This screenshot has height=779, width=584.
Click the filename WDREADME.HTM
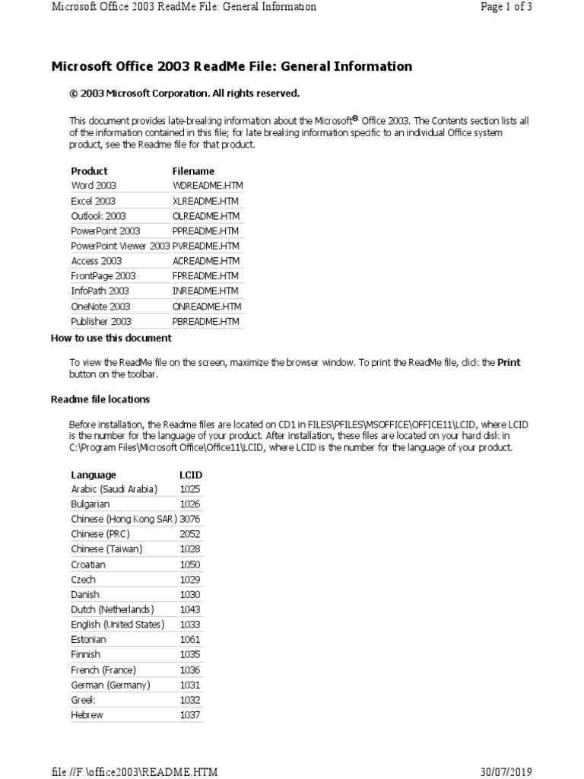208,186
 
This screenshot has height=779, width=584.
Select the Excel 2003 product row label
94,201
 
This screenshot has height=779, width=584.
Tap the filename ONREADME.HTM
207,307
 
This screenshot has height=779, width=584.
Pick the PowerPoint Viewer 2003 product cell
120,246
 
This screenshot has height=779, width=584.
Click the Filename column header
193,171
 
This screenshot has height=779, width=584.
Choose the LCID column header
190,475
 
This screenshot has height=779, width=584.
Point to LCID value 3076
190,519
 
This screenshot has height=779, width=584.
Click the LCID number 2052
190,534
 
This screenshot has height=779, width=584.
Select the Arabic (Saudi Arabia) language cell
114,489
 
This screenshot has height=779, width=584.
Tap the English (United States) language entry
117,625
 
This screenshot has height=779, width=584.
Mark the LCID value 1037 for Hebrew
190,715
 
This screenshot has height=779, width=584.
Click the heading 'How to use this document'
111,339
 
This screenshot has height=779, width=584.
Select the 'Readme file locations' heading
100,399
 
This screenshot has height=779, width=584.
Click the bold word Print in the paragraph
509,363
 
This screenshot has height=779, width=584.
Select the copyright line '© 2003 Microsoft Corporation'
185,94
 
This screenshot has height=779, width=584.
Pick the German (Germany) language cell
110,685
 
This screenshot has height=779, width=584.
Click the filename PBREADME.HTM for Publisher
206,322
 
